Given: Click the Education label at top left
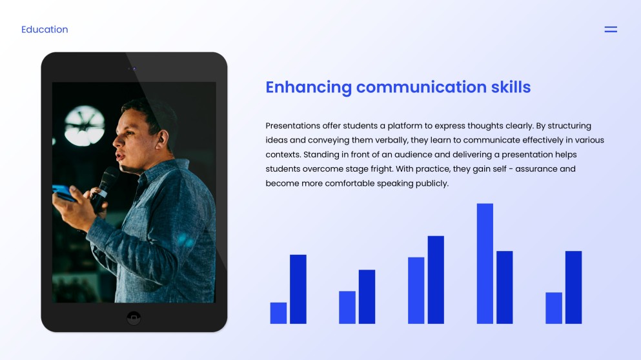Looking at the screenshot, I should pyautogui.click(x=45, y=30).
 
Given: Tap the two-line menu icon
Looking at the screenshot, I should pyautogui.click(x=610, y=30).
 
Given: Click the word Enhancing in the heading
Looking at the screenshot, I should pyautogui.click(x=309, y=87).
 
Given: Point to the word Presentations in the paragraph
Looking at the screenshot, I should pyautogui.click(x=293, y=126).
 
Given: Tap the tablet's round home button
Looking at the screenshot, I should pyautogui.click(x=134, y=317).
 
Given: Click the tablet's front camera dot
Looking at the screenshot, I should pyautogui.click(x=134, y=69).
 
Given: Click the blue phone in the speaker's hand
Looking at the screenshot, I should pyautogui.click(x=63, y=192).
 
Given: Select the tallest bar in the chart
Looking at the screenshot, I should pyautogui.click(x=485, y=263).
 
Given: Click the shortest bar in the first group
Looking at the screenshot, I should pyautogui.click(x=278, y=313).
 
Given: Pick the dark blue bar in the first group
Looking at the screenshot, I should pyautogui.click(x=298, y=289).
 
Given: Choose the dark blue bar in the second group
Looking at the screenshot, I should pyautogui.click(x=367, y=297).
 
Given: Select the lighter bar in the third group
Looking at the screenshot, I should pyautogui.click(x=416, y=290).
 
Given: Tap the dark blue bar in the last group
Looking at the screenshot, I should pyautogui.click(x=573, y=287).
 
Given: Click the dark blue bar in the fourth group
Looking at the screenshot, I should pyautogui.click(x=504, y=287).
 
